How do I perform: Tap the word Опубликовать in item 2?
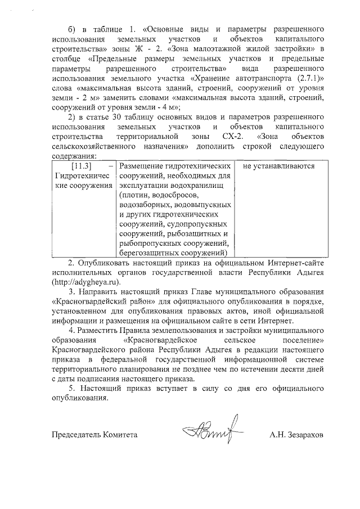click(103, 262)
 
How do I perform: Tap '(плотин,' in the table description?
click(134, 196)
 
